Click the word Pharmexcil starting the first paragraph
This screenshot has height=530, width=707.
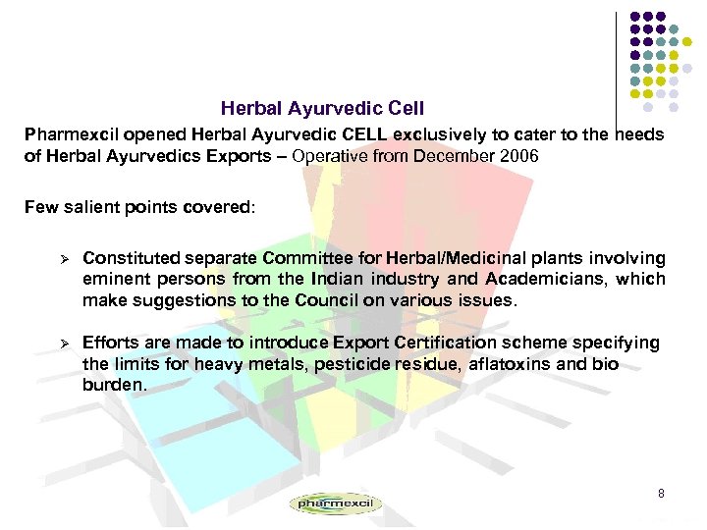pos(69,134)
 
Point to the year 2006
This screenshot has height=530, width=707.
pos(518,156)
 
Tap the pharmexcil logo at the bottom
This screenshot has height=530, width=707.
pos(335,503)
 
